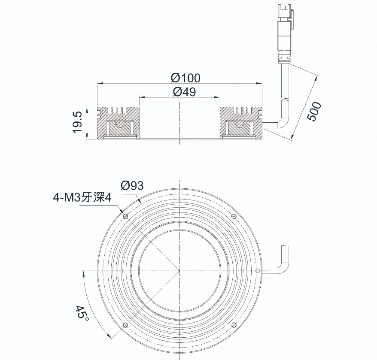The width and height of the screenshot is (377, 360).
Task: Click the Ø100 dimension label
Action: click(x=185, y=78)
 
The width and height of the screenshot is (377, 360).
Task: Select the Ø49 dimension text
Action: click(x=184, y=92)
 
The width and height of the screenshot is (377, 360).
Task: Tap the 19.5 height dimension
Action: click(x=78, y=122)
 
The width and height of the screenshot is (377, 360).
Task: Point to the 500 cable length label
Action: click(x=314, y=111)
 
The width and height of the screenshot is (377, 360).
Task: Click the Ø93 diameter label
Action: click(x=132, y=185)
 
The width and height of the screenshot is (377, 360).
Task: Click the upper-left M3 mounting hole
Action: click(x=125, y=217)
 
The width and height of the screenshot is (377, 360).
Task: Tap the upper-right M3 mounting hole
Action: click(x=234, y=217)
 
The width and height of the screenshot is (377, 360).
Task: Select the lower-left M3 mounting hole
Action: click(x=125, y=325)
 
